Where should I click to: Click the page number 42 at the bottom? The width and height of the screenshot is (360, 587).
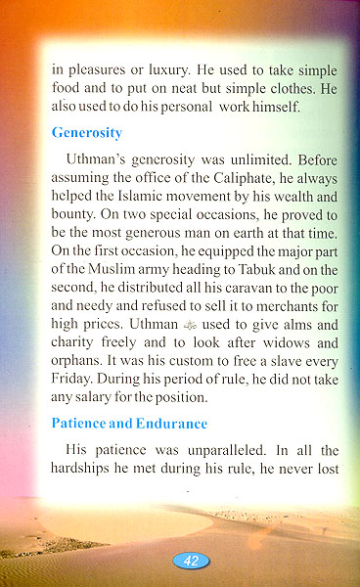coord(192,561)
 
